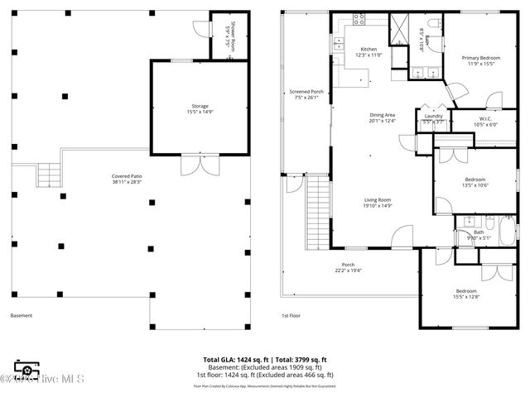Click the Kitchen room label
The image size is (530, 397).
click(369, 50)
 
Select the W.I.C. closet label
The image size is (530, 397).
click(485, 118)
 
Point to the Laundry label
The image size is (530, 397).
click(433, 116)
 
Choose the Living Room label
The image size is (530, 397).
click(378, 199)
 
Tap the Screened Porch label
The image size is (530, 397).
click(306, 92)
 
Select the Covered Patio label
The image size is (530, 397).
click(127, 176)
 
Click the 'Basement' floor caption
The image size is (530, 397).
click(22, 315)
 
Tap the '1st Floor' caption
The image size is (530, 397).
click(291, 315)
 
